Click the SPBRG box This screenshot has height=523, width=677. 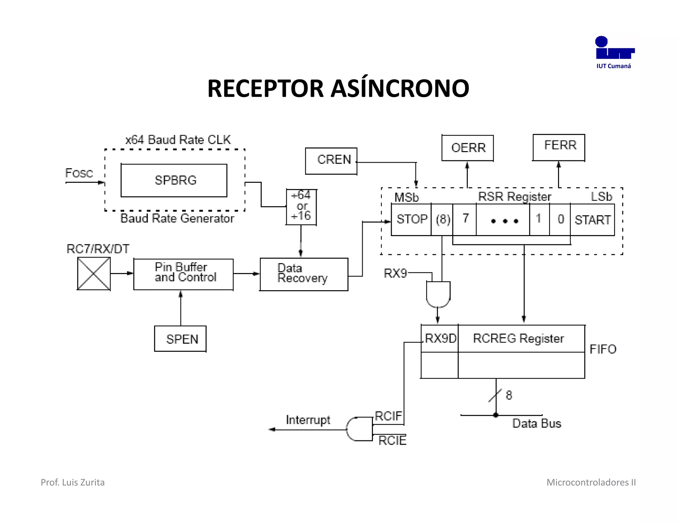174,180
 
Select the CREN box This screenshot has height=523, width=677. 331,161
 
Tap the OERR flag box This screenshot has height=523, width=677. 467,148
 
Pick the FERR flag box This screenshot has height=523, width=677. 559,147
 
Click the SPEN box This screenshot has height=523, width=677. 180,339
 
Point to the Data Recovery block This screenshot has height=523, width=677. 304,274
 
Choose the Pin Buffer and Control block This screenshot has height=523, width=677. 183,274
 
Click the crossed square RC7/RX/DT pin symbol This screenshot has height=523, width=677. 94,274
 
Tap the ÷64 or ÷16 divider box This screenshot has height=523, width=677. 301,207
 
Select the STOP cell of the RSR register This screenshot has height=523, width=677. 411,220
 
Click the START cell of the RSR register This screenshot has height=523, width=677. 592,220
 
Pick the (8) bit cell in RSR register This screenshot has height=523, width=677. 442,220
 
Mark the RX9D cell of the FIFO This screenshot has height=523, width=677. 440,339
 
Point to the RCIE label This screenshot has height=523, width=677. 392,441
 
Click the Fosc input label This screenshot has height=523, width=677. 79,173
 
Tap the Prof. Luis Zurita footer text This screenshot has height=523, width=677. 72,482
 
